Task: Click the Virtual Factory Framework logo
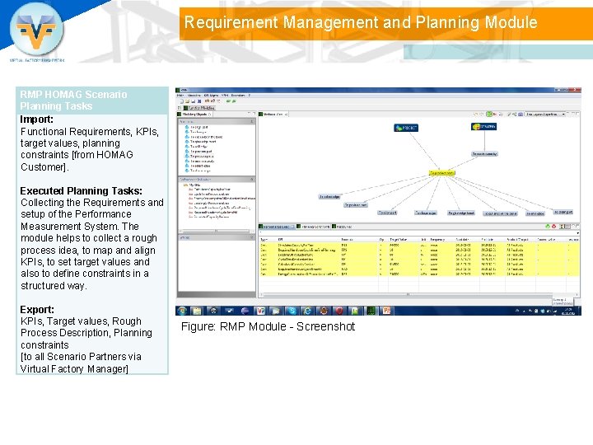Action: tap(37, 33)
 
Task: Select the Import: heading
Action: tap(36, 119)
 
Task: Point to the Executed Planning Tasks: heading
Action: tap(81, 190)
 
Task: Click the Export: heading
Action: tap(36, 309)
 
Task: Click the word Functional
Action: tap(48, 131)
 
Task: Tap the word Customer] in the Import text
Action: tap(44, 166)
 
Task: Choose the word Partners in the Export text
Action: tap(106, 356)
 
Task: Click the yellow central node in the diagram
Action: tap(441, 173)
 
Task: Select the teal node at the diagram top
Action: tap(406, 128)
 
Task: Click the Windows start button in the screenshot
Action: tap(182, 311)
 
